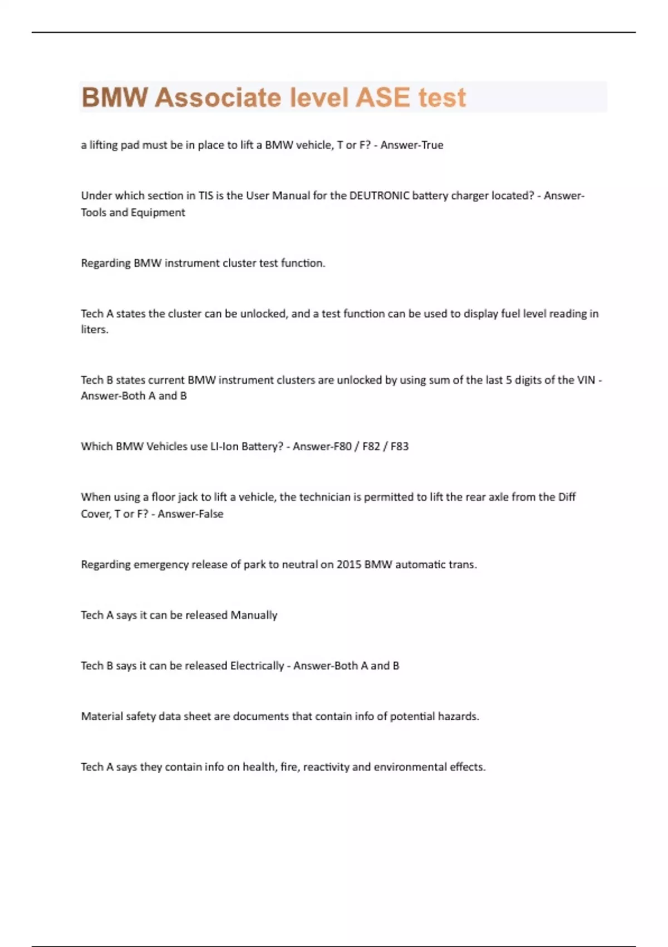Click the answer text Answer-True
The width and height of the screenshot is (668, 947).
click(x=412, y=145)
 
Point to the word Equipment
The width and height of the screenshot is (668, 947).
click(x=158, y=212)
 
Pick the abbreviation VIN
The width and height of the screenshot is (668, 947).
click(x=586, y=380)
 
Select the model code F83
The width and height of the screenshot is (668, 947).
click(x=399, y=446)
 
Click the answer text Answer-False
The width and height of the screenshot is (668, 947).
click(x=190, y=514)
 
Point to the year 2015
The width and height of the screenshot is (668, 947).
click(x=348, y=564)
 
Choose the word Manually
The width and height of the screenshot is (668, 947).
click(x=254, y=615)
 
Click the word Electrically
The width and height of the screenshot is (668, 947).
click(x=257, y=666)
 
